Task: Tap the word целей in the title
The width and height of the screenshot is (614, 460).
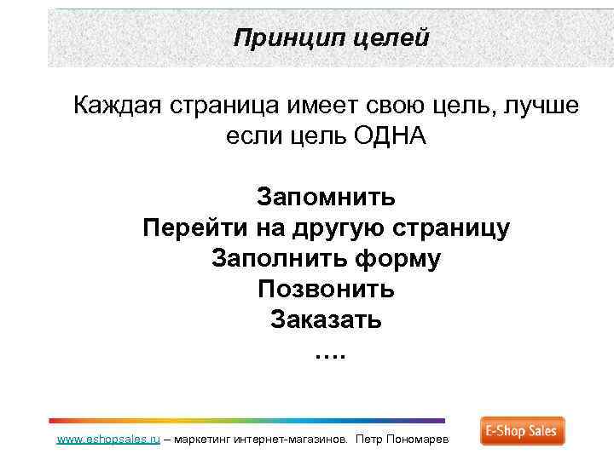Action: click(391, 38)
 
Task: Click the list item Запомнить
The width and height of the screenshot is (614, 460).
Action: click(327, 198)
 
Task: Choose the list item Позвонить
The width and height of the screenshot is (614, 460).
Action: click(327, 290)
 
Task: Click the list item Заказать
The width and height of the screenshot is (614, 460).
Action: click(327, 320)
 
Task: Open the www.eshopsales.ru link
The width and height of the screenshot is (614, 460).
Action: click(107, 440)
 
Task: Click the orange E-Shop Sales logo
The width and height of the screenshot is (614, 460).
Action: click(522, 431)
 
